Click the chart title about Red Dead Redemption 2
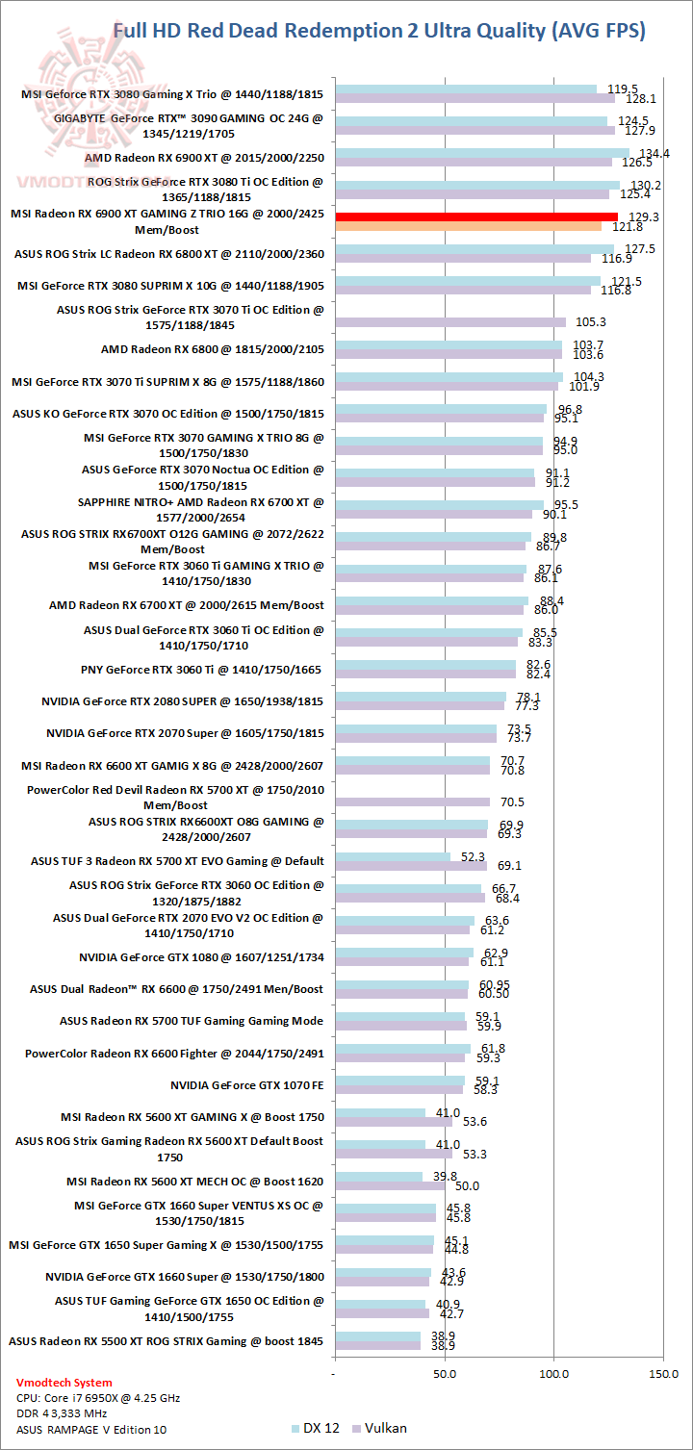(379, 31)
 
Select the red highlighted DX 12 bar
(475, 217)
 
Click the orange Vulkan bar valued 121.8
(468, 226)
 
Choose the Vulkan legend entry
(380, 1428)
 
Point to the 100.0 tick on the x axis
(554, 1374)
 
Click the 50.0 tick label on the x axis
(445, 1374)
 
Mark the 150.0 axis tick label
(664, 1374)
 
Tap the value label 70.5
(511, 801)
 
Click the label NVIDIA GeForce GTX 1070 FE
(247, 1084)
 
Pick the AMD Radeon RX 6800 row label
(212, 349)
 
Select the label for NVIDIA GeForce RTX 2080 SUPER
(183, 701)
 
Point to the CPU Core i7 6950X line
(98, 1398)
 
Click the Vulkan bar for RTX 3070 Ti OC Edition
(449, 322)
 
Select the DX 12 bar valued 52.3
(392, 856)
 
